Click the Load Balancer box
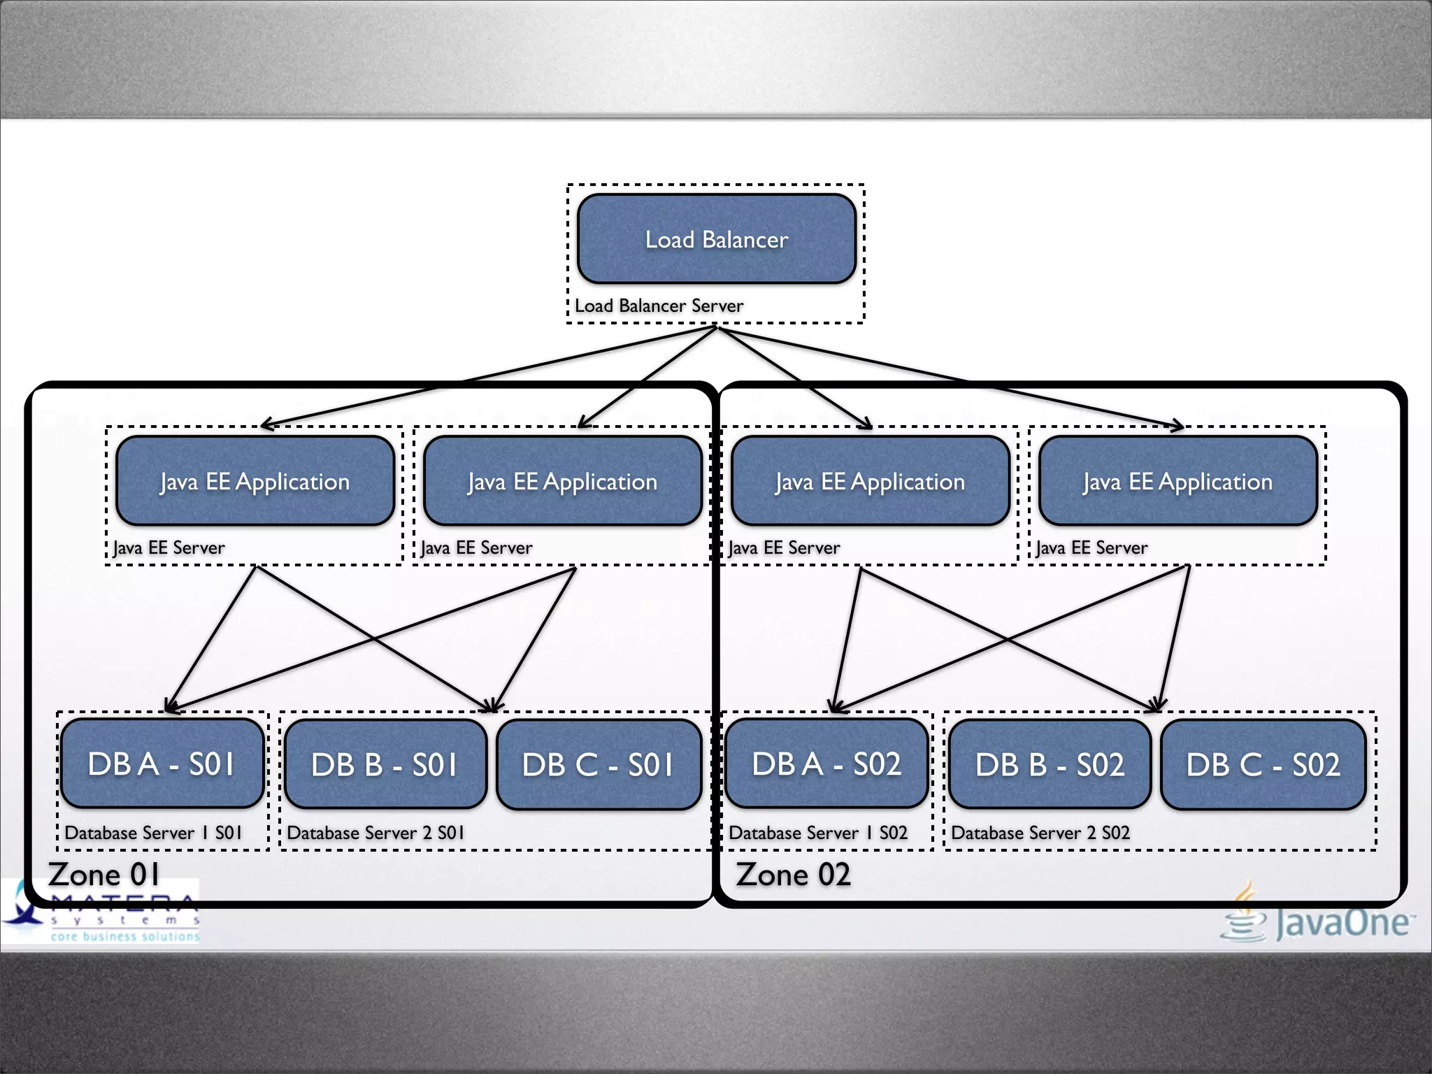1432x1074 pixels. point(716,239)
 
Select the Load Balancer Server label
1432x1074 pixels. point(659,306)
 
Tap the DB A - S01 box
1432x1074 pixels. point(162,764)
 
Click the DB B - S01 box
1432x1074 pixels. point(385,764)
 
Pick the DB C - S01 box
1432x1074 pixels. point(599,764)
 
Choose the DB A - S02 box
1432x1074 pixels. point(826,764)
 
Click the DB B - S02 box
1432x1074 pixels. point(1050,764)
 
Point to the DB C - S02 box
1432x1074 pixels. point(1263,764)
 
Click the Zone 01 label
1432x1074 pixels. point(103,875)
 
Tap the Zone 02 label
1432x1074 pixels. point(793,875)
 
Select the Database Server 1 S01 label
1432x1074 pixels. point(153,833)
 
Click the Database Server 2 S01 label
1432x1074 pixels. point(375,833)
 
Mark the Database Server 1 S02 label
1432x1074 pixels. point(818,833)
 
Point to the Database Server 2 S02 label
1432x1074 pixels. point(1040,833)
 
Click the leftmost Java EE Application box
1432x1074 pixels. point(255,481)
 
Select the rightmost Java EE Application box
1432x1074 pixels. point(1178,481)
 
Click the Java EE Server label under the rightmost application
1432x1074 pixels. point(1091,547)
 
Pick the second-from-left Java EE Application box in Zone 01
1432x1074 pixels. point(563,481)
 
